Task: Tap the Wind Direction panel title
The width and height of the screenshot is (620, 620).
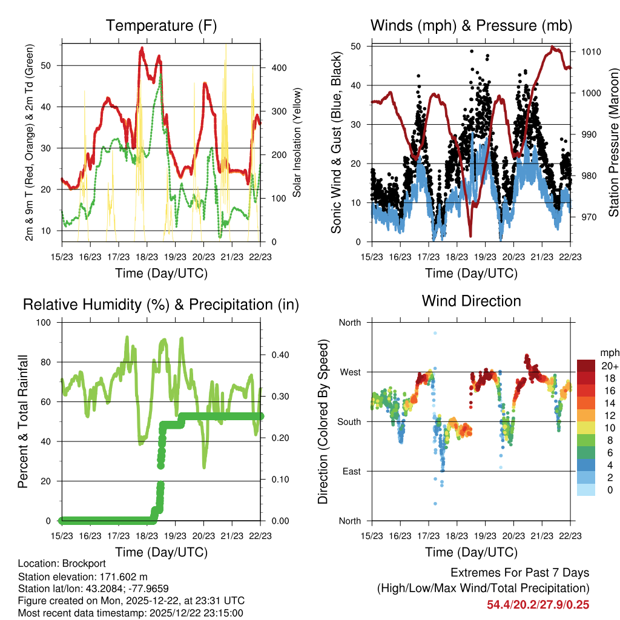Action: coord(471,300)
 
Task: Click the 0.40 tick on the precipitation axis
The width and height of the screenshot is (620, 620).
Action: coord(280,355)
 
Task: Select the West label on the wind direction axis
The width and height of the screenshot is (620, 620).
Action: coord(350,372)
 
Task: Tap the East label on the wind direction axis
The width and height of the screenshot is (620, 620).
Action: coord(351,471)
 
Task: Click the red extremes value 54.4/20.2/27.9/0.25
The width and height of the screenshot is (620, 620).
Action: coord(538,604)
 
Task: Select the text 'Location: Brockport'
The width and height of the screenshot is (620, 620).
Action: coord(62,564)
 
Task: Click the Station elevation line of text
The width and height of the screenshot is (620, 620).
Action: coord(82,576)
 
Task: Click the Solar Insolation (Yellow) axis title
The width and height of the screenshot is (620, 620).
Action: coord(297,143)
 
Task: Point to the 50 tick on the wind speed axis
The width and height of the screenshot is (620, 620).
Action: coord(357,46)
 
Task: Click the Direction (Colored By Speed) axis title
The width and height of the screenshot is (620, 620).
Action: coord(323,421)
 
